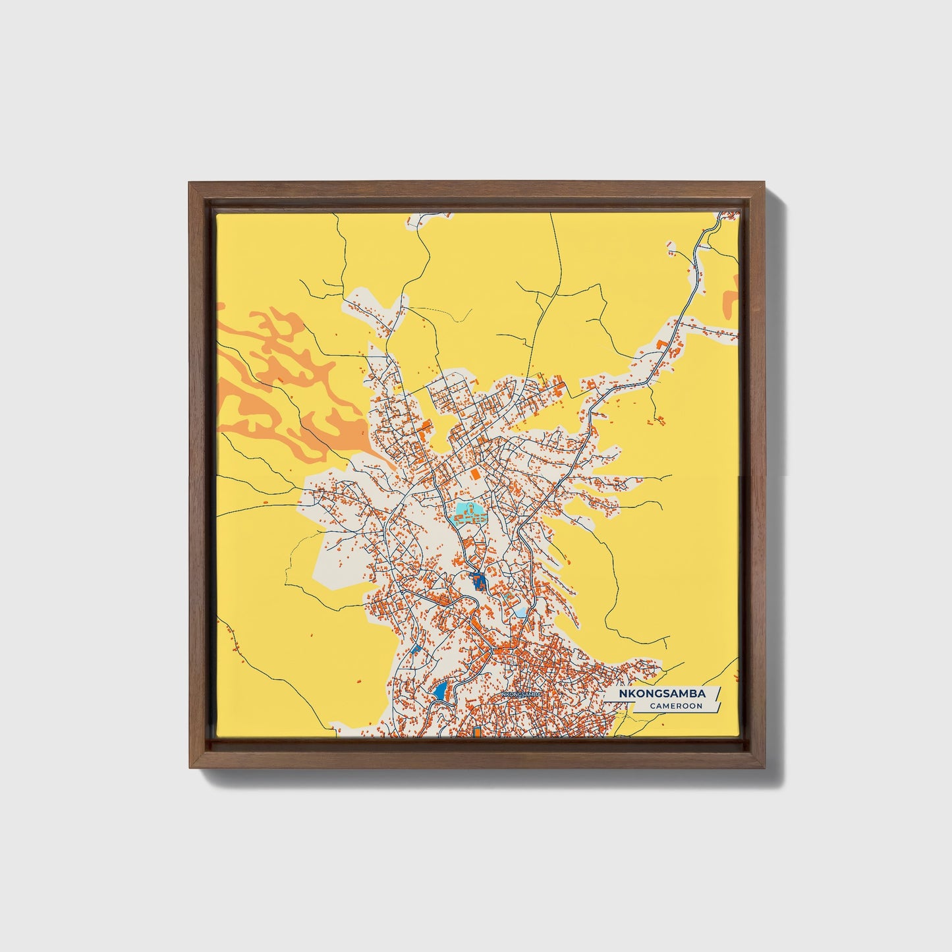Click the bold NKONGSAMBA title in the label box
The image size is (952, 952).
click(661, 694)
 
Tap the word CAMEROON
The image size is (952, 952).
click(675, 706)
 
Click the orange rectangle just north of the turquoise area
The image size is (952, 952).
click(474, 473)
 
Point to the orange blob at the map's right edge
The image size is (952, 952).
click(729, 300)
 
